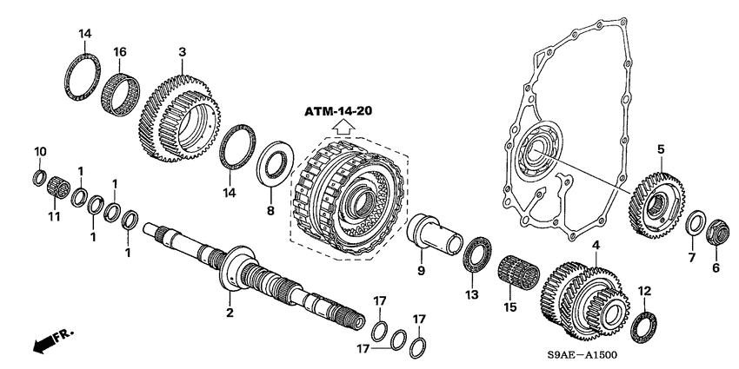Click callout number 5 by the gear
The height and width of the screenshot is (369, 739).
pyautogui.click(x=660, y=150)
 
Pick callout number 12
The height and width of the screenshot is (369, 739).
pyautogui.click(x=643, y=290)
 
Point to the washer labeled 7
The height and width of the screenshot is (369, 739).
pyautogui.click(x=696, y=222)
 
